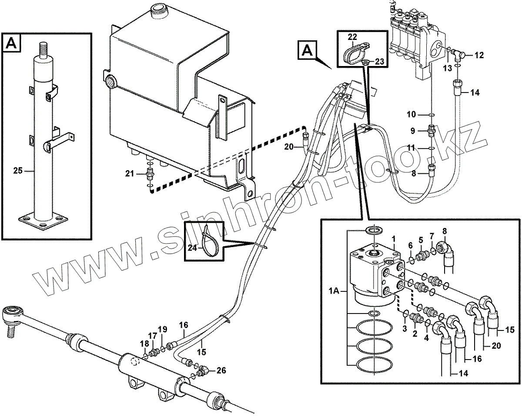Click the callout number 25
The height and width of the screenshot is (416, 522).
tap(17, 171)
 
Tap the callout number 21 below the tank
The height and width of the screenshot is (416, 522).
tap(129, 174)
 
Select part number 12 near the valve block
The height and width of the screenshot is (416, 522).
tap(479, 55)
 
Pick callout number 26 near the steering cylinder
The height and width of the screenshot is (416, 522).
tap(221, 370)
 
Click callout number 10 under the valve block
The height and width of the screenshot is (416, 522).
tap(412, 115)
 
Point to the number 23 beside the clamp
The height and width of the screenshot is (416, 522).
tap(379, 62)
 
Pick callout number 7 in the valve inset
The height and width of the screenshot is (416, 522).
tap(432, 236)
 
